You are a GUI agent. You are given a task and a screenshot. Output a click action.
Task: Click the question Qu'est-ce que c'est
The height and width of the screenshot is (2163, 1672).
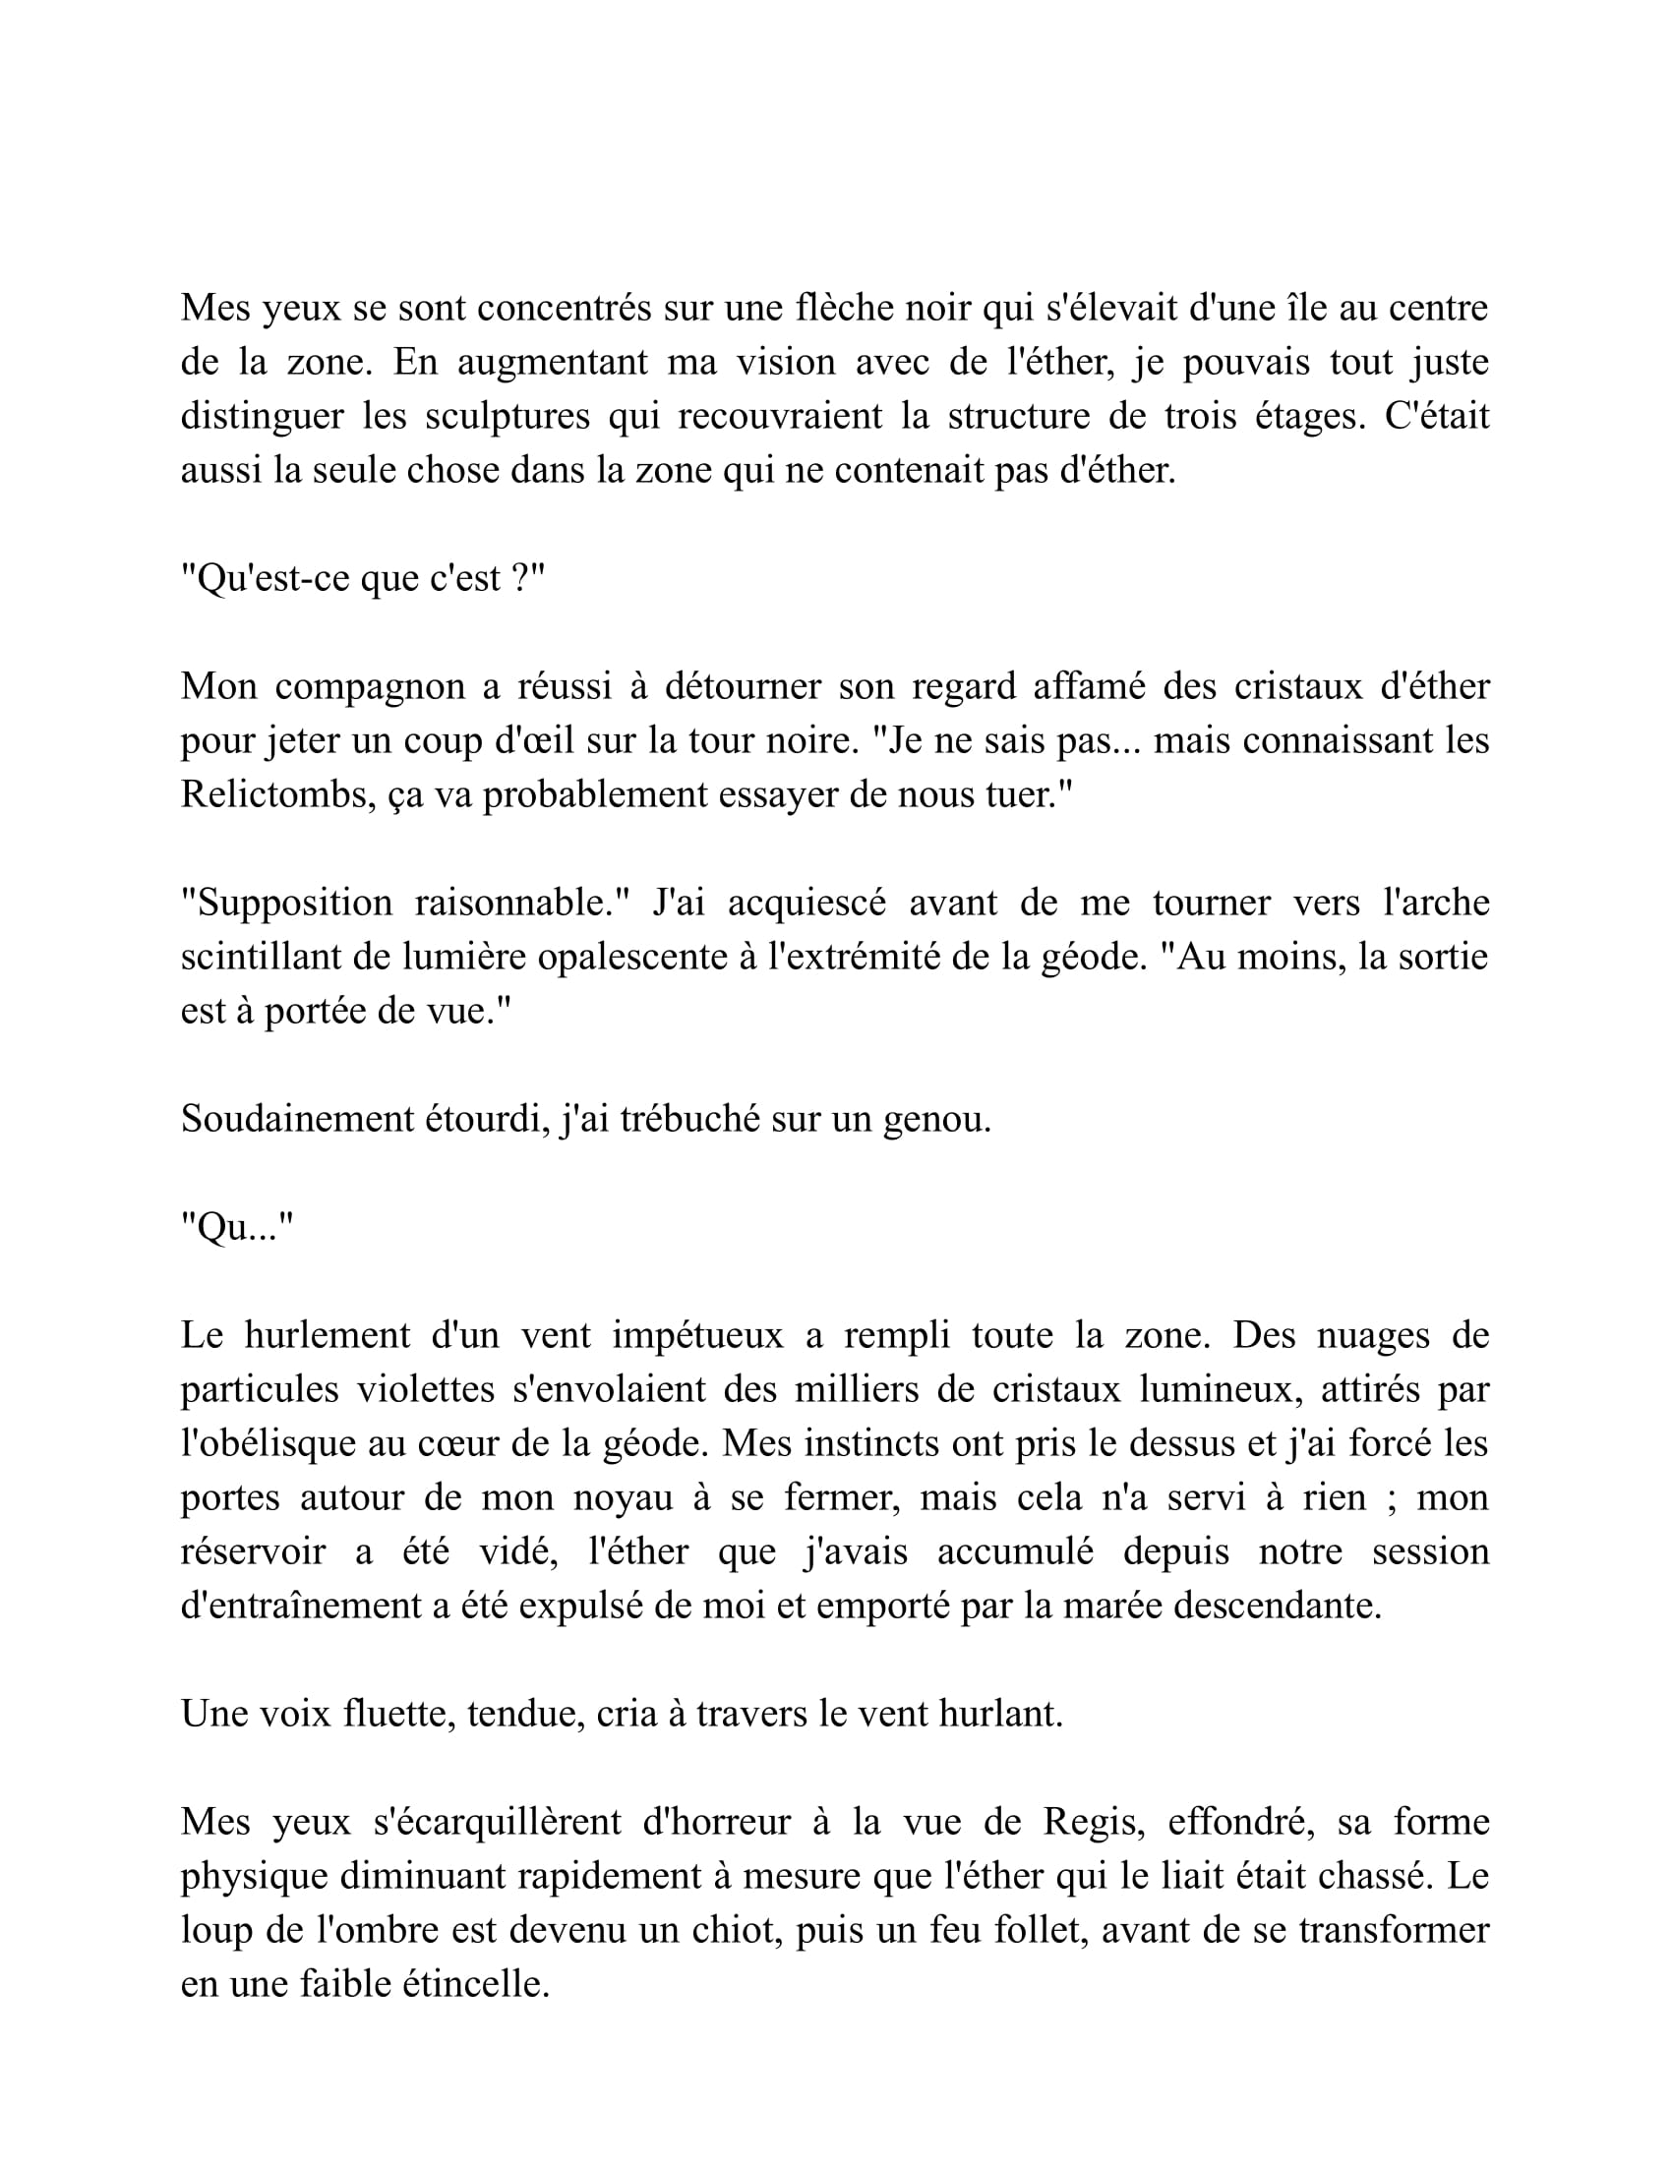click(363, 577)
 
